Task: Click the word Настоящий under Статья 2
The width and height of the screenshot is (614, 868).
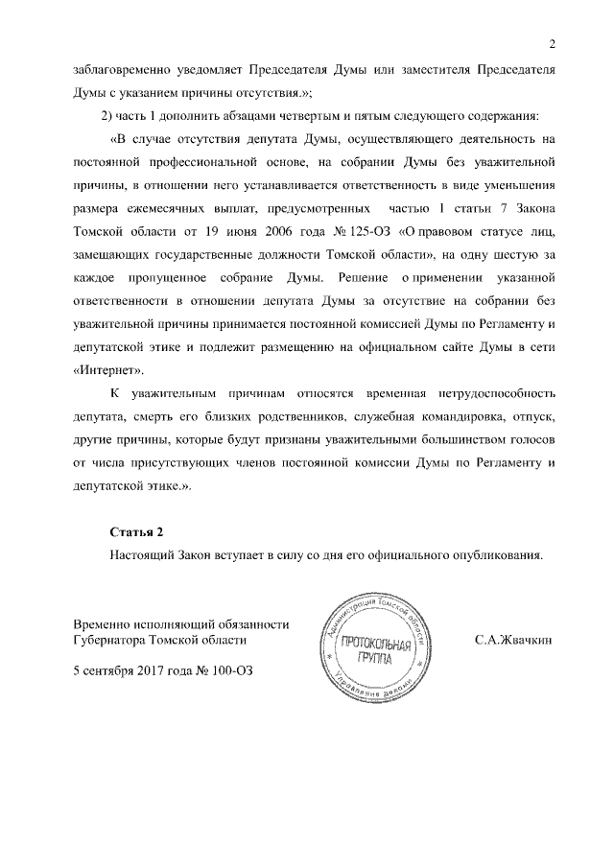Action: (x=142, y=554)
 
